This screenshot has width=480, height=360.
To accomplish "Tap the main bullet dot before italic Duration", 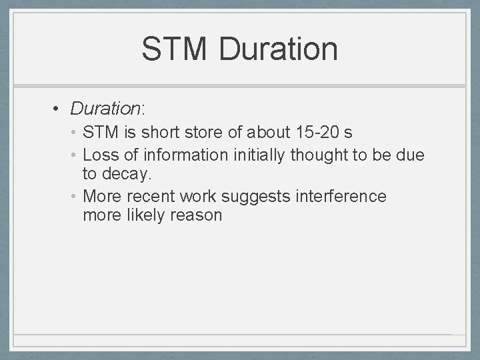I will pyautogui.click(x=58, y=108).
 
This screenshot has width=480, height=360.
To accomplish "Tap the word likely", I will pyautogui.click(x=147, y=215).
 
